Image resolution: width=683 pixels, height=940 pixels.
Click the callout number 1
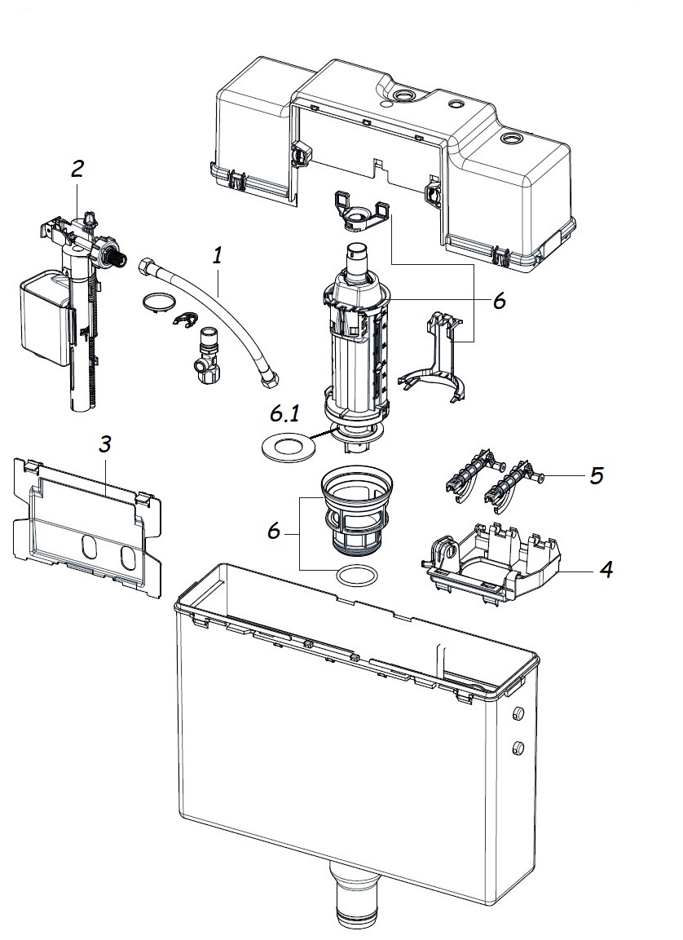point(218,256)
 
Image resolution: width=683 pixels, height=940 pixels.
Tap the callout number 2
point(77,169)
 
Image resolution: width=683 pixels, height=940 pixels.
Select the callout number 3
point(105,444)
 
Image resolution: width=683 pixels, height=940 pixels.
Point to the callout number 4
point(606,569)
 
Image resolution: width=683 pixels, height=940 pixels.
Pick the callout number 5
point(596,475)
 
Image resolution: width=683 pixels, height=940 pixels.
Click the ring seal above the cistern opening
point(358,576)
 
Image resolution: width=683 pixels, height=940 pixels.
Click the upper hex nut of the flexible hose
point(147,266)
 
